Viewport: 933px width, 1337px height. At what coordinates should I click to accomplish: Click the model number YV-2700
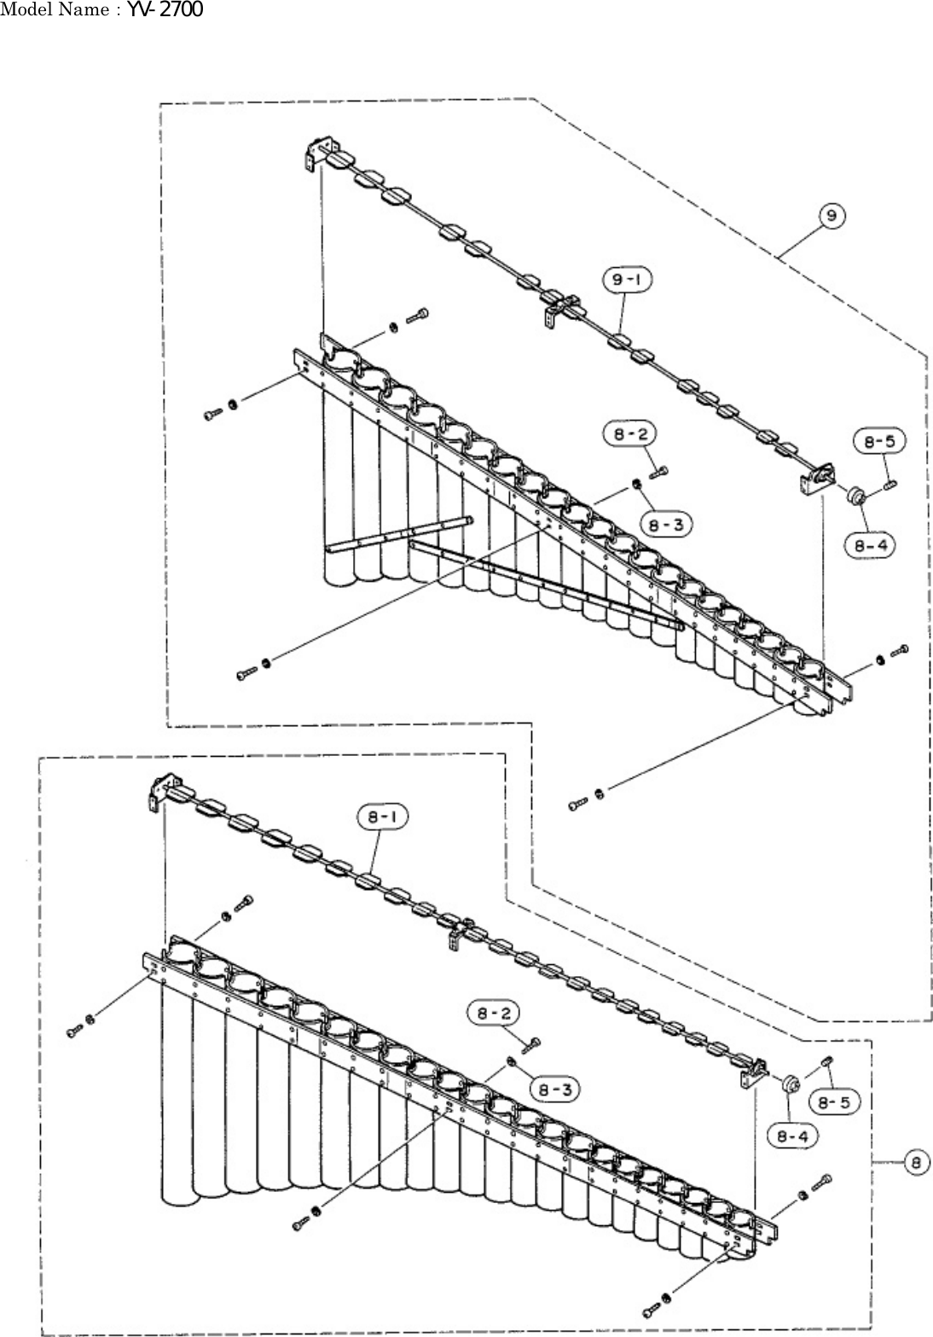[x=165, y=10]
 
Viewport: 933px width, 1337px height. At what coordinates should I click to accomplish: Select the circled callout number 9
[x=831, y=217]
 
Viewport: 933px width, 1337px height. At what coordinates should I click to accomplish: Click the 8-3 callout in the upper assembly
[x=667, y=525]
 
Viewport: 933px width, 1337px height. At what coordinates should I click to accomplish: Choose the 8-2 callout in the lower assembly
[x=491, y=1014]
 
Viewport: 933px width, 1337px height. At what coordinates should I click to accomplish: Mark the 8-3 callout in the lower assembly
[x=553, y=1089]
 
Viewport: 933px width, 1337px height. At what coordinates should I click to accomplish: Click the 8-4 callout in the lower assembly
[x=792, y=1136]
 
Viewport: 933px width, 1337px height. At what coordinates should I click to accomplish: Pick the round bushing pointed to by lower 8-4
[x=791, y=1084]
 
